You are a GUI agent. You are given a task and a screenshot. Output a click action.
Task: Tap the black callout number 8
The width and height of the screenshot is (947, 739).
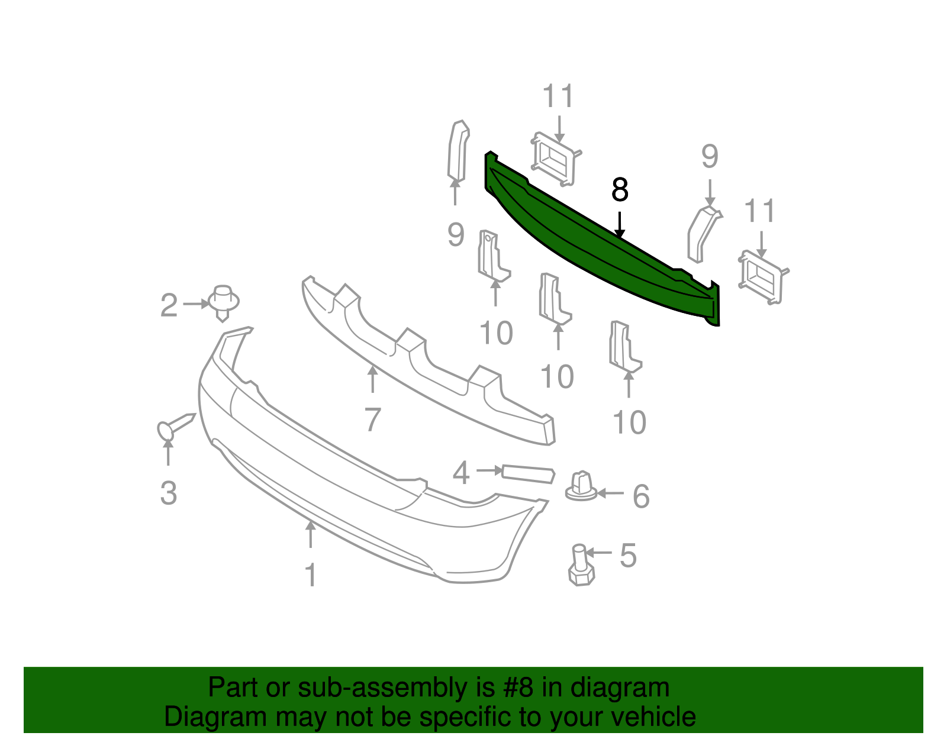(619, 190)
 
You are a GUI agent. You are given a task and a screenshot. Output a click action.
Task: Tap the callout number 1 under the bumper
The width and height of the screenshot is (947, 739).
(310, 575)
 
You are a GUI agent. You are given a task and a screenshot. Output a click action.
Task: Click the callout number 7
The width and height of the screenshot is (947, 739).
(372, 419)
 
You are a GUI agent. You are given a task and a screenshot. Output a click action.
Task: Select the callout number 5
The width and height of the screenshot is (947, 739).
(628, 556)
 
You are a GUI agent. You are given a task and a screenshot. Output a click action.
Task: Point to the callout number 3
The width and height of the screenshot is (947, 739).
(169, 493)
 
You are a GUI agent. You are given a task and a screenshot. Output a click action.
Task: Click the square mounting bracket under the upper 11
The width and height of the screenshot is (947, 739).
(555, 159)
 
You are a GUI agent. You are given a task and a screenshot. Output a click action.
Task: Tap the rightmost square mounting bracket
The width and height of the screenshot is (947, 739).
(764, 277)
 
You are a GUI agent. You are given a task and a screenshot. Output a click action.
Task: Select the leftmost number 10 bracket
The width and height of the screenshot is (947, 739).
(492, 256)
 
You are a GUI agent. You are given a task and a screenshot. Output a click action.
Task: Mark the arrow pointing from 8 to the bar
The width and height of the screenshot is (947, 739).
(619, 224)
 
